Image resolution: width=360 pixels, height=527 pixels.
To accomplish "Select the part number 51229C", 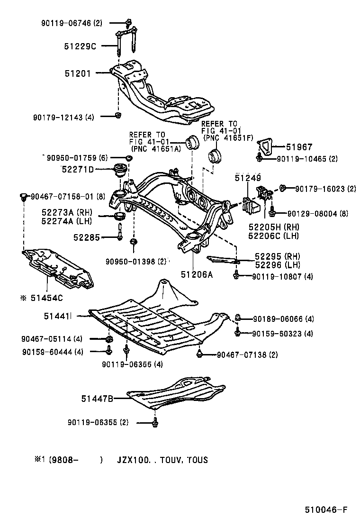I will (x=80, y=46).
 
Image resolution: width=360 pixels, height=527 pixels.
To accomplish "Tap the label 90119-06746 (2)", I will (x=71, y=22).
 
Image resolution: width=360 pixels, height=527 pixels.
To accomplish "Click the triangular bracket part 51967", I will (x=266, y=145).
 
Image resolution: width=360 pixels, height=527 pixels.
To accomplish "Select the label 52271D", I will (x=77, y=169).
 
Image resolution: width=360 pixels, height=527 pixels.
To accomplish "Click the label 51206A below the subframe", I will (x=196, y=274).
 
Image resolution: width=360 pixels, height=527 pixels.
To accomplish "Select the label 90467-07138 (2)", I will (x=247, y=354).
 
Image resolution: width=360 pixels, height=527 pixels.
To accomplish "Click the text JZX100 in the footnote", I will (x=134, y=460).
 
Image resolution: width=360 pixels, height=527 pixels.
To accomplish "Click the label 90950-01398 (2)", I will (x=136, y=261).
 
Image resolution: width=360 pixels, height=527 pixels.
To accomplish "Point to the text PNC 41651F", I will (x=225, y=137).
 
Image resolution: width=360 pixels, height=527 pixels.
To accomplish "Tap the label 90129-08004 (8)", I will (x=308, y=214).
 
